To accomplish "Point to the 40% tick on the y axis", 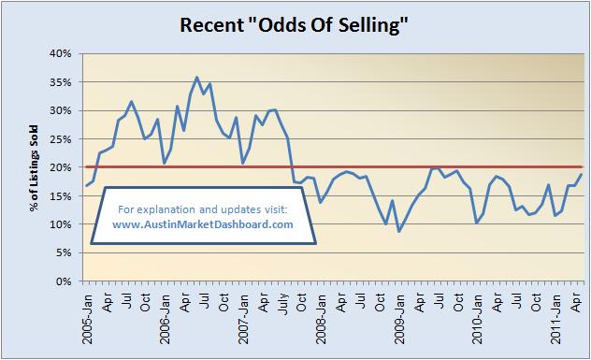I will pyautogui.click(x=61, y=53).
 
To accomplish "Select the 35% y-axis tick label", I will pyautogui.click(x=61, y=82).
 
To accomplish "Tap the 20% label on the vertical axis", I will pyautogui.click(x=61, y=167).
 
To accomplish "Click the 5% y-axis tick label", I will pyautogui.click(x=64, y=252).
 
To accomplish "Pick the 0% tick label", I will pyautogui.click(x=64, y=281).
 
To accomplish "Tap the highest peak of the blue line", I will pyautogui.click(x=196, y=78).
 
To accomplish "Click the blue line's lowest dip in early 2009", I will pyautogui.click(x=399, y=231).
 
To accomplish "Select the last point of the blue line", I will pyautogui.click(x=582, y=174).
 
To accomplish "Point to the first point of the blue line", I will pyautogui.click(x=86, y=185).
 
